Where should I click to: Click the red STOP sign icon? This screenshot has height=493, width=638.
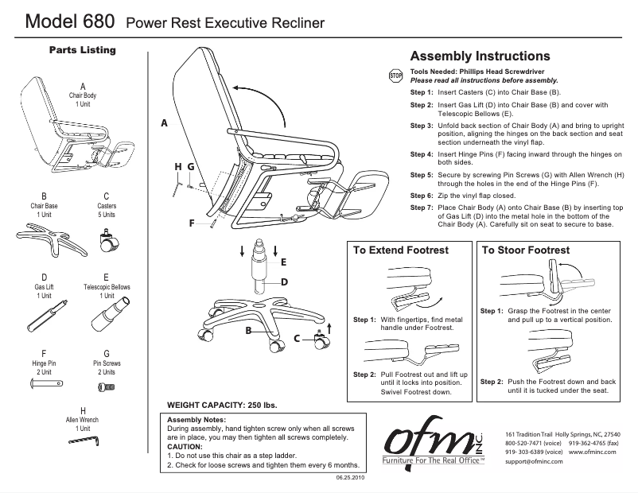(x=395, y=76)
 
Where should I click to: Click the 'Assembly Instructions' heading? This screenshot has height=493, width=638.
(x=479, y=56)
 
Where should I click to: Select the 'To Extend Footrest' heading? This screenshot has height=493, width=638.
(x=401, y=250)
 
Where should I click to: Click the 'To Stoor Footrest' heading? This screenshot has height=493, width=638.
(x=526, y=250)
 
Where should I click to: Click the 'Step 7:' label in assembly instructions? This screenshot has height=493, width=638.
(x=422, y=207)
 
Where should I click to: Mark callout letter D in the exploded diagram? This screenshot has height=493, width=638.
(x=283, y=281)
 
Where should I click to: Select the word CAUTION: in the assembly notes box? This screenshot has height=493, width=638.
(x=185, y=446)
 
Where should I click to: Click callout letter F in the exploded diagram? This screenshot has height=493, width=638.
(x=192, y=223)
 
